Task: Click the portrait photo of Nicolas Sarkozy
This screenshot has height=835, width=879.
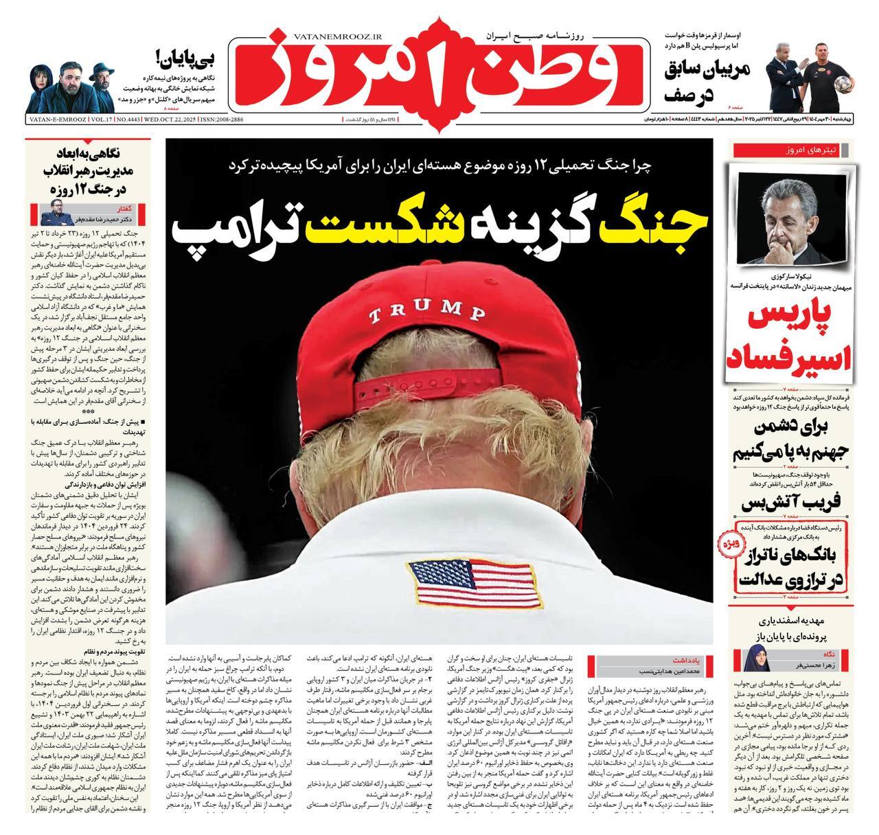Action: pyautogui.click(x=792, y=218)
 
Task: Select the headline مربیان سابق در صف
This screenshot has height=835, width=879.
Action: pyautogui.click(x=707, y=80)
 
